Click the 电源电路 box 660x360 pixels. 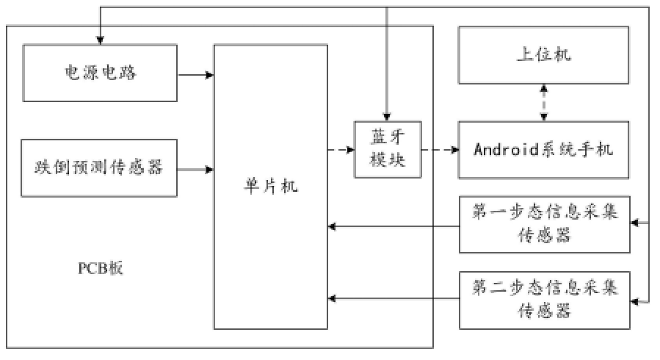pos(101,73)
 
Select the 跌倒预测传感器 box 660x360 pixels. pos(101,168)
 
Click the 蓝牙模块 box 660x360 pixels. pos(388,149)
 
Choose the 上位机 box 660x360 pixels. pos(544,56)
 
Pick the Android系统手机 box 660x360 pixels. pos(544,150)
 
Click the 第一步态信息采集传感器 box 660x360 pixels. pos(544,223)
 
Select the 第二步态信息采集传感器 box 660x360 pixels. pos(544,299)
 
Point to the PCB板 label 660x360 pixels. pos(101,267)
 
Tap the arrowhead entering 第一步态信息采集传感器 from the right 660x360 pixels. pos(636,221)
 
